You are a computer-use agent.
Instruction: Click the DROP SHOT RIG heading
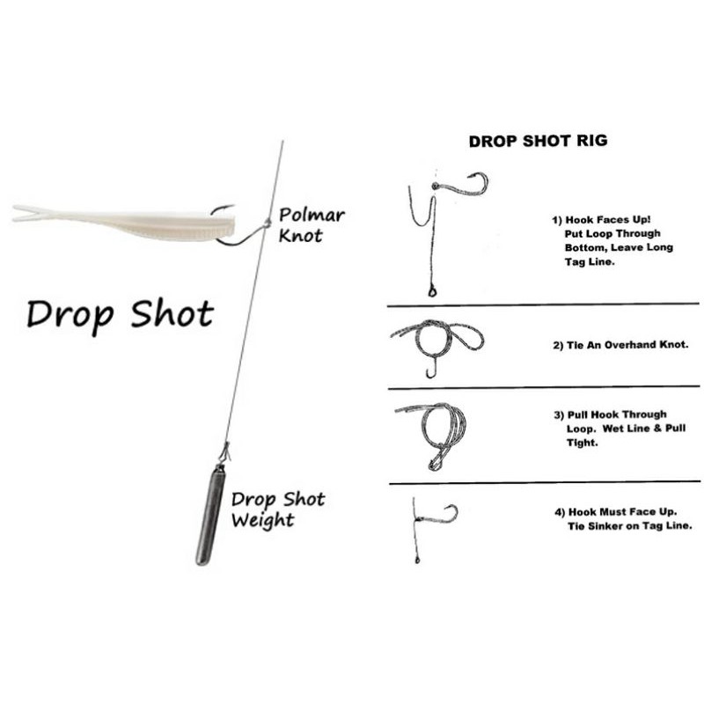[538, 141]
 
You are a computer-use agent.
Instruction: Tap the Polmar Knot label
[312, 225]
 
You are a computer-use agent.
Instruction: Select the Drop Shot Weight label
[278, 510]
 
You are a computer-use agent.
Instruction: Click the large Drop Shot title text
[120, 315]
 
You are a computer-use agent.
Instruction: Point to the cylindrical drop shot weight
[210, 516]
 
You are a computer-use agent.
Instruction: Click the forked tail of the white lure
[29, 213]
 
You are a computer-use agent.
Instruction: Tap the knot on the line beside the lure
[268, 223]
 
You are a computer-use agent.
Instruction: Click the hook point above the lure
[231, 206]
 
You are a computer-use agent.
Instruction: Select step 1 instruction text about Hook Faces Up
[612, 240]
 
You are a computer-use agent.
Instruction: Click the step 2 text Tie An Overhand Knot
[620, 345]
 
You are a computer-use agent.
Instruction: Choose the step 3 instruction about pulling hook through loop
[620, 429]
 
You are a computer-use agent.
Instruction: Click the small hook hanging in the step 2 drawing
[432, 366]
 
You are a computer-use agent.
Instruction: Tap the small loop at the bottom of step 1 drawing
[432, 292]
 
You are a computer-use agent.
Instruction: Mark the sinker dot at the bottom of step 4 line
[417, 561]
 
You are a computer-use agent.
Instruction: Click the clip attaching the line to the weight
[224, 453]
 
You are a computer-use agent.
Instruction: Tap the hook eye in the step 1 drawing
[435, 186]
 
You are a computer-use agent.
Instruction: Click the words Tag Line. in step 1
[590, 261]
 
